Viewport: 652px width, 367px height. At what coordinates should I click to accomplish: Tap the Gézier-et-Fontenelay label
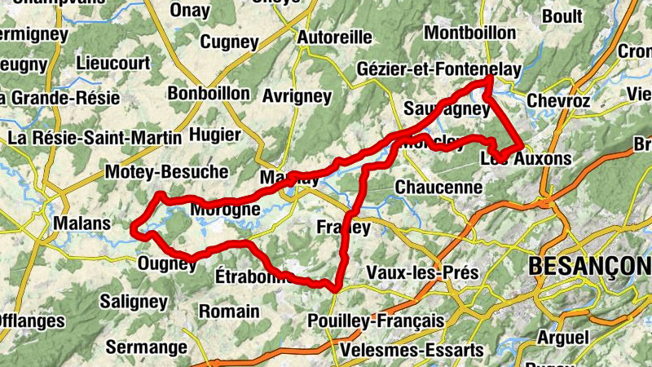pyautogui.click(x=438, y=71)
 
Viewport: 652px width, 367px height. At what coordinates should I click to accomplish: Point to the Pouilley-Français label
pyautogui.click(x=377, y=321)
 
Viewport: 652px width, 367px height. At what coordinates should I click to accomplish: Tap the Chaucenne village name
pyautogui.click(x=438, y=188)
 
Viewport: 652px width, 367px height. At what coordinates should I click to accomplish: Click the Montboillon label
pyautogui.click(x=470, y=33)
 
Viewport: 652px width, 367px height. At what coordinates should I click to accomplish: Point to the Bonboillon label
pyautogui.click(x=209, y=94)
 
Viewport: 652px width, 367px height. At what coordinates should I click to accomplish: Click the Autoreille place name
pyautogui.click(x=334, y=38)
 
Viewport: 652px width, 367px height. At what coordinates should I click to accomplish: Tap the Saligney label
pyautogui.click(x=133, y=302)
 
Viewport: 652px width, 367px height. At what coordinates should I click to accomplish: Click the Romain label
pyautogui.click(x=229, y=312)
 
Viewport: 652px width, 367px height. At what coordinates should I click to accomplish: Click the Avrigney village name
pyautogui.click(x=297, y=96)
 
